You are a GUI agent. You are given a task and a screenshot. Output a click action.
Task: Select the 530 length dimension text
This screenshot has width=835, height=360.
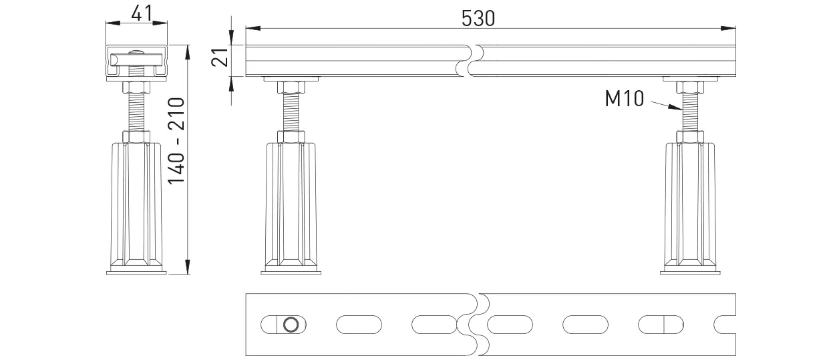coord(478,18)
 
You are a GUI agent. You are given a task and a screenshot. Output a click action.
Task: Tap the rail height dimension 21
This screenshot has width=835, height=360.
coord(218,59)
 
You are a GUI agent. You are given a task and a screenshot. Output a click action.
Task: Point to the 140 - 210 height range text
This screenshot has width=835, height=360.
coord(176,142)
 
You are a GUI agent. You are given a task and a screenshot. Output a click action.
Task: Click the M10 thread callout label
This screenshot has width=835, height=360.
coord(624,100)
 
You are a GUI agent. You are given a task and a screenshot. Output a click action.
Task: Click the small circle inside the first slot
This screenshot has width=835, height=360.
coord(291,325)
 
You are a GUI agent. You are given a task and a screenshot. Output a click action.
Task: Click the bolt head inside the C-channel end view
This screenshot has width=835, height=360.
coord(137,56)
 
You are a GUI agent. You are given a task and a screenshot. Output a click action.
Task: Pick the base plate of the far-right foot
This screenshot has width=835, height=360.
coord(691,271)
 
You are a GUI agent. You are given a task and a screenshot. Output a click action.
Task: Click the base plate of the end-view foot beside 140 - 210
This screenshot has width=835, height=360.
coord(137,271)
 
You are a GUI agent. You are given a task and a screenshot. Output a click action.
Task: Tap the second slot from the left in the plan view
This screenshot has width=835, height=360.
coord(359,325)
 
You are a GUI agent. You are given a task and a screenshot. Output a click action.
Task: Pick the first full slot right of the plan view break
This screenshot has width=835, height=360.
coord(510,325)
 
